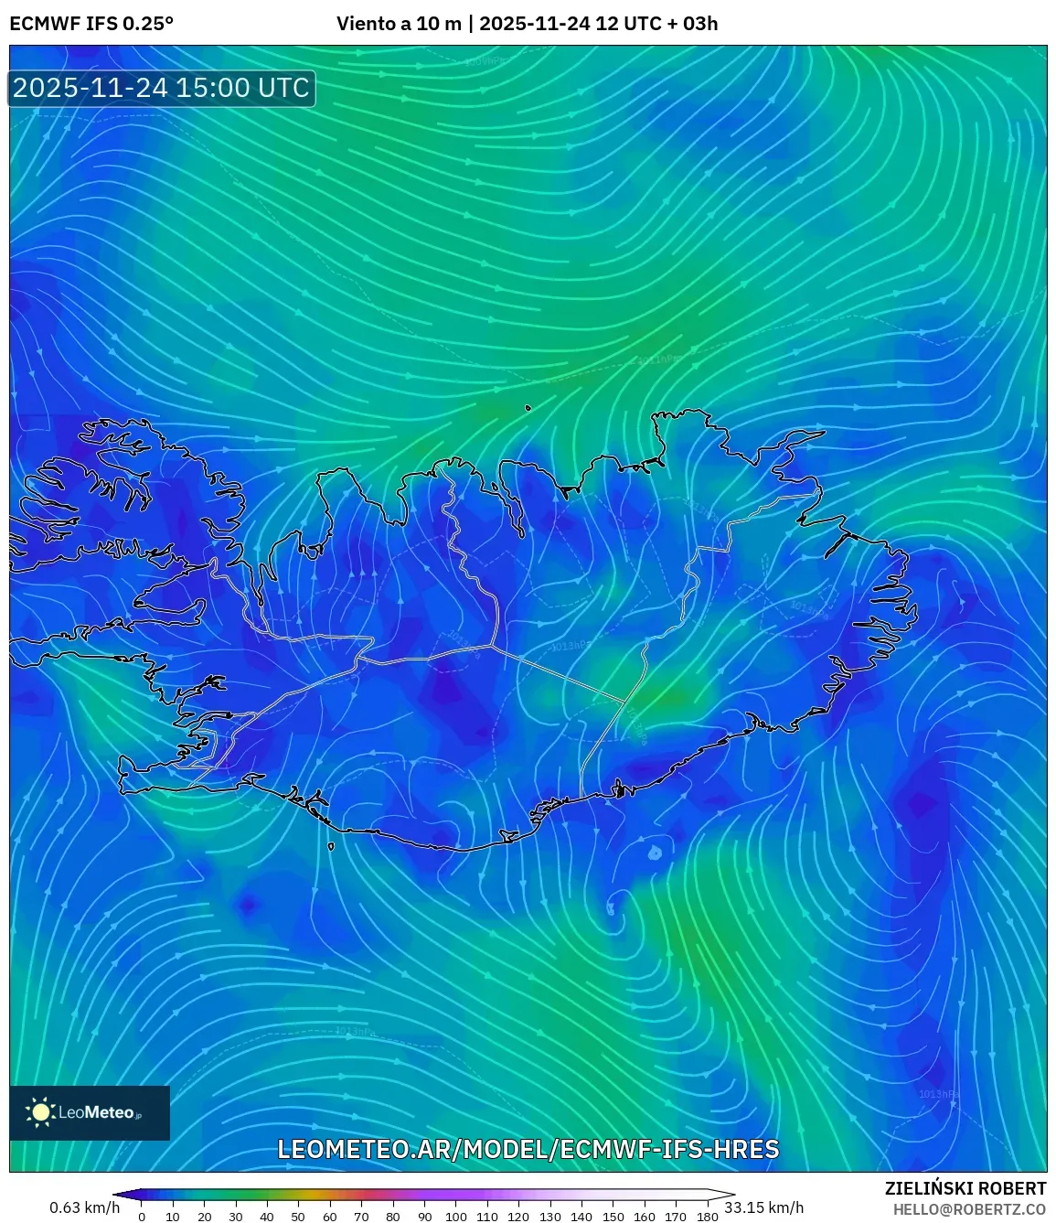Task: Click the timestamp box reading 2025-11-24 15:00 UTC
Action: click(161, 88)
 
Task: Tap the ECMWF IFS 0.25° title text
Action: click(91, 24)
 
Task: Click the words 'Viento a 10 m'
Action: click(399, 24)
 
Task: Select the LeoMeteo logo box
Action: click(90, 1112)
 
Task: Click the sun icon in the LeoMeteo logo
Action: click(41, 1112)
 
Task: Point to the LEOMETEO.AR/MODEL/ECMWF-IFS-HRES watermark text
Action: click(528, 1149)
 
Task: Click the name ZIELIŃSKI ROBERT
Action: click(965, 1188)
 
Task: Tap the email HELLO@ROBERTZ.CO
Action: click(969, 1208)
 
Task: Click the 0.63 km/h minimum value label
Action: click(84, 1207)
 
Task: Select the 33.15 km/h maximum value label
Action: click(763, 1207)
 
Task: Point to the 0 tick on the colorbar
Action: click(142, 1217)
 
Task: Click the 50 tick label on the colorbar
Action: click(298, 1217)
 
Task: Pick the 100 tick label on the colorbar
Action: click(455, 1217)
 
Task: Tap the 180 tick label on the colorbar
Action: click(707, 1217)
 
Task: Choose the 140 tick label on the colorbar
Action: click(581, 1217)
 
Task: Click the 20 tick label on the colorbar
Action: click(204, 1217)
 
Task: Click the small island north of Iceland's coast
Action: click(528, 409)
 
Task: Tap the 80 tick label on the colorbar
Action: click(392, 1217)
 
